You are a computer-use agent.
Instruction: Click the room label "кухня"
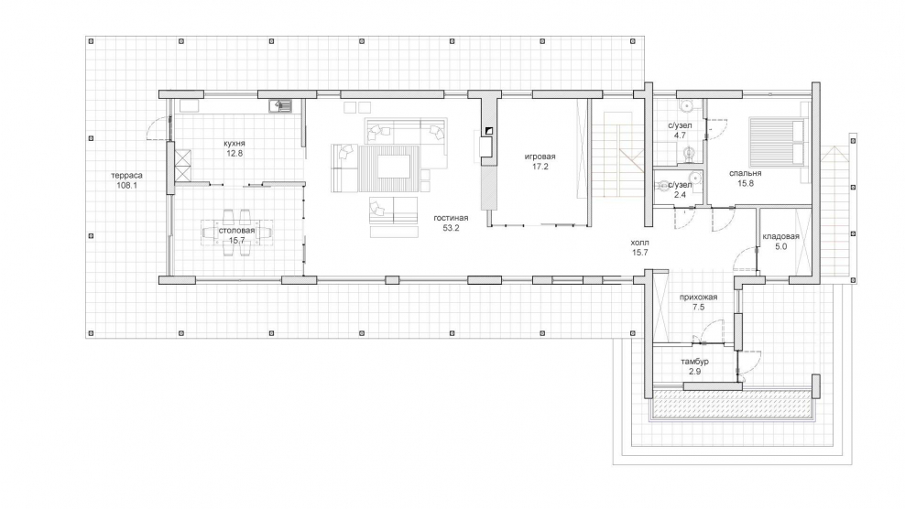[234, 144]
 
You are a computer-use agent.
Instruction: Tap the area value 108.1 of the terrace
[127, 186]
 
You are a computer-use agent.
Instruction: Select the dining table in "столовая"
[236, 233]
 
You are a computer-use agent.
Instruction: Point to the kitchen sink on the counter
[281, 105]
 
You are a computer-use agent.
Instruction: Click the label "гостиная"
[451, 218]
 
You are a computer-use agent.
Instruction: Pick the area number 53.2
[451, 228]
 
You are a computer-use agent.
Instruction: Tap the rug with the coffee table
[389, 168]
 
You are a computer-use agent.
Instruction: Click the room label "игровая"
[540, 157]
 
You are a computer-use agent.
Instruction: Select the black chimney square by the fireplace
[489, 131]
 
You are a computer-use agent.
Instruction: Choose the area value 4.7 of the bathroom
[680, 135]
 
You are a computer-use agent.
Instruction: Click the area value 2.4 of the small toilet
[680, 195]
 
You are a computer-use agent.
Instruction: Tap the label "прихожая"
[698, 298]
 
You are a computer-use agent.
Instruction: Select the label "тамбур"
[694, 362]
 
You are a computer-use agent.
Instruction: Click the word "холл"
[640, 243]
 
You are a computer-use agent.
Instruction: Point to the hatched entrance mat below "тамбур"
[732, 405]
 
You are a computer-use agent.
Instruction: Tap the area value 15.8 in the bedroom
[745, 183]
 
